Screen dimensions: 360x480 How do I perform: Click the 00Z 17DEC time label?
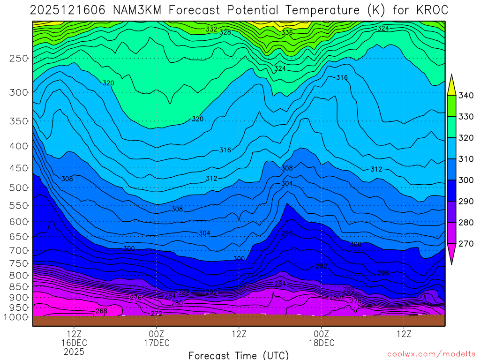point(157,338)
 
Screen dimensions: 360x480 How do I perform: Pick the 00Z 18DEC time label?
point(322,338)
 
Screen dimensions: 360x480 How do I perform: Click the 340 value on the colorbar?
point(466,96)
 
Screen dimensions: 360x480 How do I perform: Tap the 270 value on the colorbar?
point(466,244)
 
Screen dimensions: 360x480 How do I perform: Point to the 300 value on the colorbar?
point(466,180)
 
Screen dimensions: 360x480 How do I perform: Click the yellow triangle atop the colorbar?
point(452,86)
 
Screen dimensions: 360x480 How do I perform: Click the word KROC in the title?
point(430,10)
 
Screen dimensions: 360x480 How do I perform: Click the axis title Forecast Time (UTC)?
point(239,355)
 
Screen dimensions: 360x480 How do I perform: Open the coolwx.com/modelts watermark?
point(431,354)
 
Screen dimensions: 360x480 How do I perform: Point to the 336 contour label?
point(287,33)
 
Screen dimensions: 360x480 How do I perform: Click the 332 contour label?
point(211,29)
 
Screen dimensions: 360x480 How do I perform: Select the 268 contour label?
point(101,311)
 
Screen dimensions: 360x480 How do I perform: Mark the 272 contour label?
point(157,313)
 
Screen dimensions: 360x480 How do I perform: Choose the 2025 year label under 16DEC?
point(75,351)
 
